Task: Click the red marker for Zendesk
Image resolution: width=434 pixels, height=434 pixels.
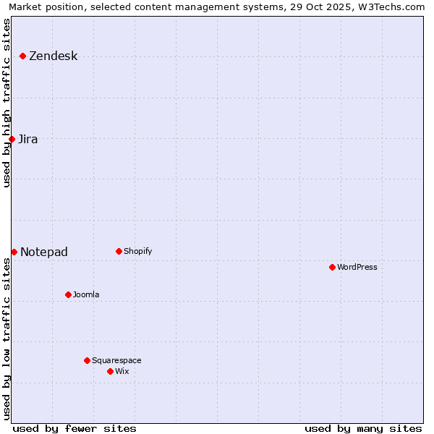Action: pos(23,56)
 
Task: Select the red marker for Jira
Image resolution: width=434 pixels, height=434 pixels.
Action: pos(12,139)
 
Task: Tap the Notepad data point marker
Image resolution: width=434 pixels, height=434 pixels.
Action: pos(14,252)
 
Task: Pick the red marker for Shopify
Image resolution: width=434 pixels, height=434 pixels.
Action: pos(119,251)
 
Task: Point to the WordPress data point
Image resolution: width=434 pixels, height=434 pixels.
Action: pos(332,267)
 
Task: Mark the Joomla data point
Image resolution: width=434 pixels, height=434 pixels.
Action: pos(68,294)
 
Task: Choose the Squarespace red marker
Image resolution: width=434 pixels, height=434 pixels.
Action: pos(87,360)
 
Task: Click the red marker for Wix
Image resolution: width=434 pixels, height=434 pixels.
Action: pos(110,371)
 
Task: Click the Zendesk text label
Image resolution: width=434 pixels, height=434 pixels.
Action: pos(54,56)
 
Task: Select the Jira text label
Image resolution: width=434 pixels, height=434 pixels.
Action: pos(28,140)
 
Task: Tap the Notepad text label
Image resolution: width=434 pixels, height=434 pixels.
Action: pos(44,252)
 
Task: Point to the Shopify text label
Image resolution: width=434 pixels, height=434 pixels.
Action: pos(138,252)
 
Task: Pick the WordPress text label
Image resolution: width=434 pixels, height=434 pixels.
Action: pos(357,268)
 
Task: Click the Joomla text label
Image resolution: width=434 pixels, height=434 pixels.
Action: pos(86,295)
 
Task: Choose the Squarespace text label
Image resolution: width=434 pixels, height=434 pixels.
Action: pos(116,361)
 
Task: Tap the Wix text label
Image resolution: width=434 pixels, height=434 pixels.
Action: pos(122,372)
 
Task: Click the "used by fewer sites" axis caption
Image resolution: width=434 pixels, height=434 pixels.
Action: pos(75,428)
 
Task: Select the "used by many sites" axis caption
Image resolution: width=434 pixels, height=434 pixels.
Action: pos(363,428)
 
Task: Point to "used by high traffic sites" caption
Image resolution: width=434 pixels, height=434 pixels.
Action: pos(7,103)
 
